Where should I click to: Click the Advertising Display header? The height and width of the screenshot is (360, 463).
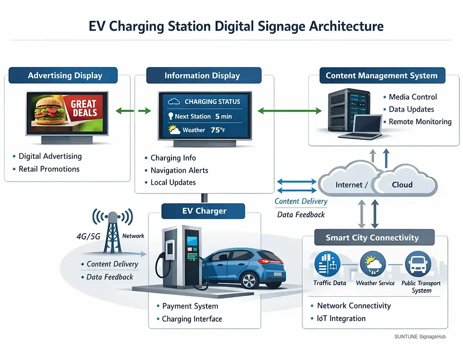[x=65, y=76]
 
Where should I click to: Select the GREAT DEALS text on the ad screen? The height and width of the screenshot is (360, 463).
[x=84, y=108]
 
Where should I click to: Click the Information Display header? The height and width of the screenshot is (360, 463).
[x=202, y=76]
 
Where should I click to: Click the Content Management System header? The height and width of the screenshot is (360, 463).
[x=381, y=75]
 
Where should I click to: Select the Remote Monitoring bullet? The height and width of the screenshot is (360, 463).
[x=420, y=121]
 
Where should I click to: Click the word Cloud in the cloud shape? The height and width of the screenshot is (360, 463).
[x=402, y=185]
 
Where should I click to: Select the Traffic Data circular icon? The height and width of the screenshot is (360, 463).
[x=329, y=264]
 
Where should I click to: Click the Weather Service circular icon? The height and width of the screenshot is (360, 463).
[x=373, y=264]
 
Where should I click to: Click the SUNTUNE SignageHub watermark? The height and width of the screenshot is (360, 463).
[x=420, y=336]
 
